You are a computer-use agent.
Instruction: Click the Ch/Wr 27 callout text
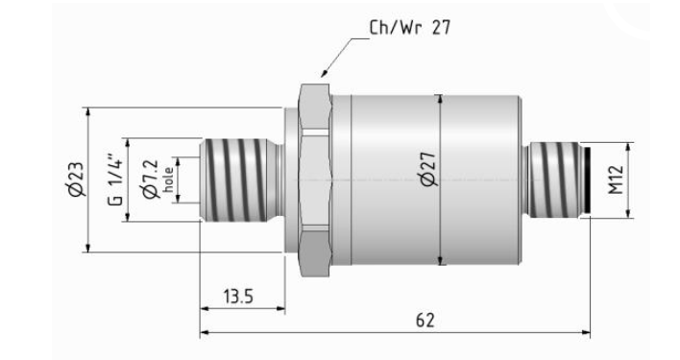(410, 27)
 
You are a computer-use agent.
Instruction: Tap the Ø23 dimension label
(76, 180)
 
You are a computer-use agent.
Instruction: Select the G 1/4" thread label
(116, 180)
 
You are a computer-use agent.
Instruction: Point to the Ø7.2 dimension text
(151, 180)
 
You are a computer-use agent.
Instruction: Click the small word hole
(168, 180)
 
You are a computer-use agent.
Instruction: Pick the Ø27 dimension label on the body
(429, 169)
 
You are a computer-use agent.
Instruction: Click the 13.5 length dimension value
(238, 297)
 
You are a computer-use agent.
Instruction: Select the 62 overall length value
(425, 320)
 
